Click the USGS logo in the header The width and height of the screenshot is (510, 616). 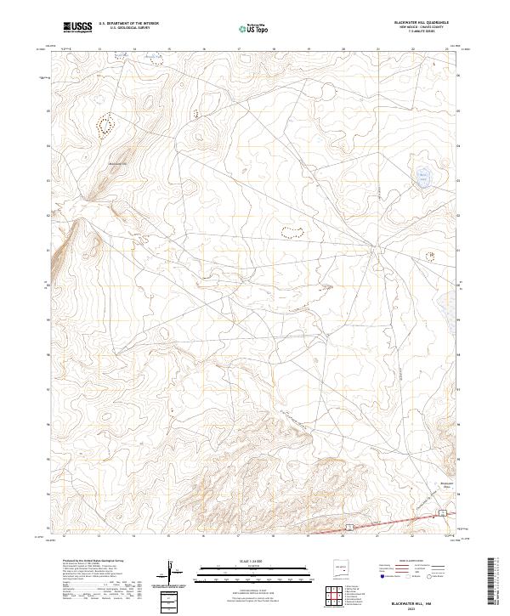point(77,28)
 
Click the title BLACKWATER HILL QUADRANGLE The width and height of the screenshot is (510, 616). point(413,23)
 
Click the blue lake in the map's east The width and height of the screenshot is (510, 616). point(422,178)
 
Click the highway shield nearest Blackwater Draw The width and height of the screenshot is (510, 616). point(442,511)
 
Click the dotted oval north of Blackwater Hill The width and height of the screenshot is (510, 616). point(105,125)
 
